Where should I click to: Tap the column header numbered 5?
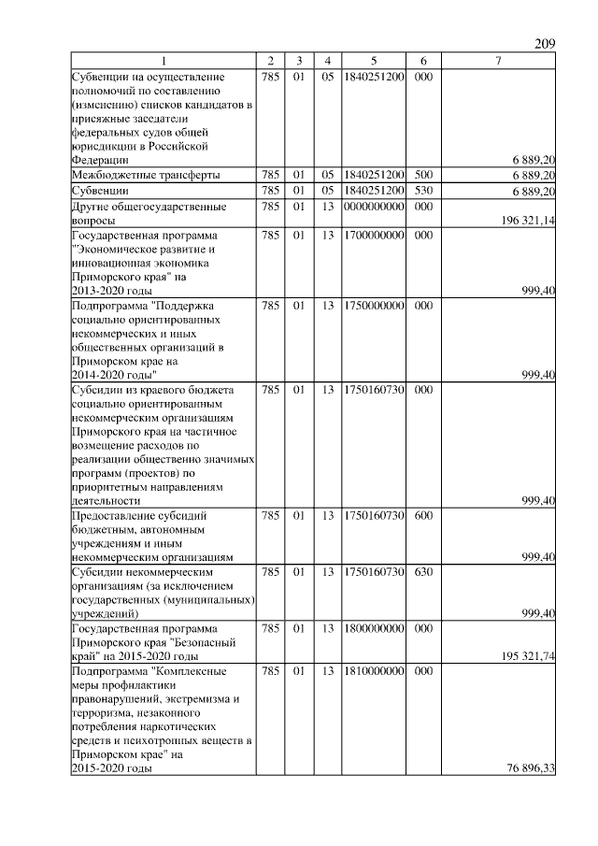coord(373,62)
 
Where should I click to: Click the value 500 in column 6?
coord(422,175)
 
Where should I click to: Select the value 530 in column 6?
coord(422,191)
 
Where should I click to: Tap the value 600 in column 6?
coord(422,515)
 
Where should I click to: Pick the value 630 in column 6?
coord(422,571)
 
